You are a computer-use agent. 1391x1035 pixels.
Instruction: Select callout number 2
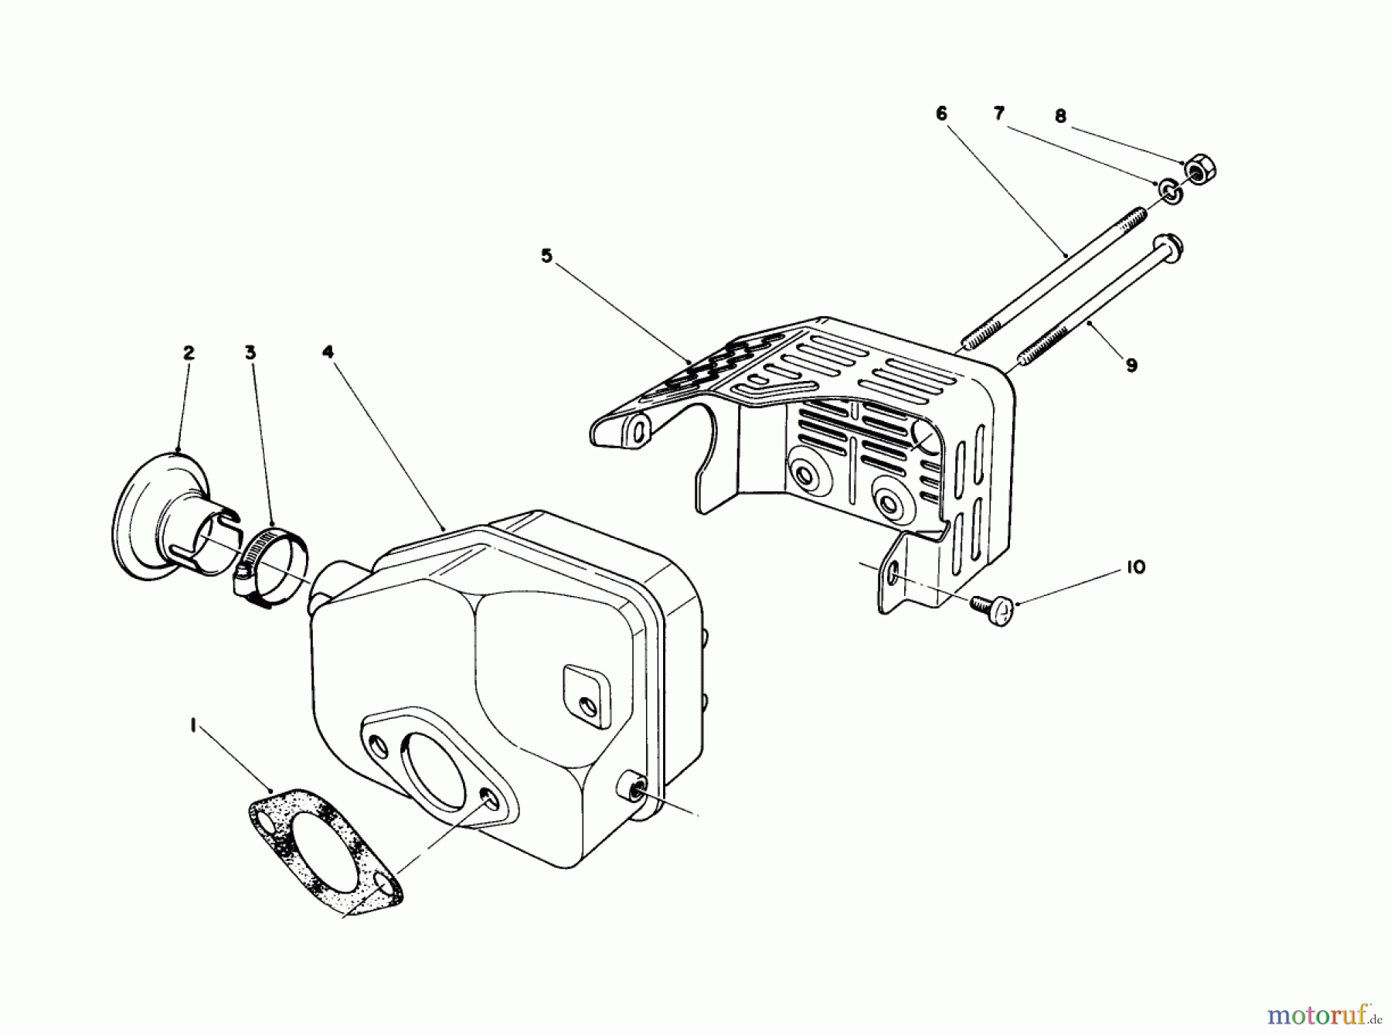[x=189, y=352]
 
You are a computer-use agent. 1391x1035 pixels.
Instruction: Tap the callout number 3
[x=250, y=352]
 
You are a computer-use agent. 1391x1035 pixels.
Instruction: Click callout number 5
[x=547, y=256]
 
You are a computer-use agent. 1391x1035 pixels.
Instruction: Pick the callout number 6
[x=941, y=114]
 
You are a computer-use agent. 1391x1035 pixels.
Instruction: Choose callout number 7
[x=998, y=114]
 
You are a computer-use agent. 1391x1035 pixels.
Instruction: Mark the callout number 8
[x=1060, y=117]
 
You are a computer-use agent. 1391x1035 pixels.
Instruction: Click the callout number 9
[x=1131, y=365]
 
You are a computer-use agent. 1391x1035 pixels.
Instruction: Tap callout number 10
[x=1135, y=567]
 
